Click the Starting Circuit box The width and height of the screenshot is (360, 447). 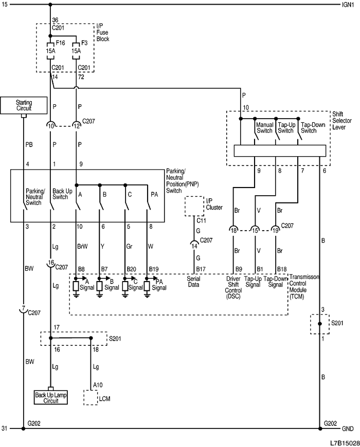click(x=24, y=105)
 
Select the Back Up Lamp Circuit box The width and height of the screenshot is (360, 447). click(x=51, y=397)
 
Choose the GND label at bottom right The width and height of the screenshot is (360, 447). click(x=348, y=429)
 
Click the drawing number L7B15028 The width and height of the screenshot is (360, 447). click(x=345, y=441)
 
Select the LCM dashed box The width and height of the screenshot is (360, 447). click(x=91, y=398)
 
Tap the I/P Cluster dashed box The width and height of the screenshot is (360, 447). click(x=194, y=206)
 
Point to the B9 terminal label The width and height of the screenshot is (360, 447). click(x=238, y=269)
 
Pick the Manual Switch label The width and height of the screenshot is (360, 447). click(x=264, y=127)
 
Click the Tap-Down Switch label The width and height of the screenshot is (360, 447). click(x=313, y=127)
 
